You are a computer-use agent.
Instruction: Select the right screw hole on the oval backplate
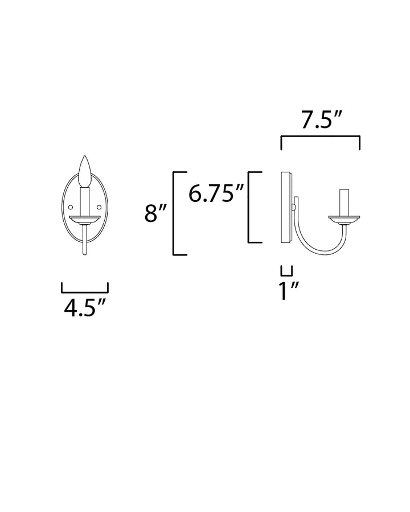[99, 206]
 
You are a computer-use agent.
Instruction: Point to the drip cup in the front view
[85, 218]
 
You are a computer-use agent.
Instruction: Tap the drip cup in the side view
[343, 218]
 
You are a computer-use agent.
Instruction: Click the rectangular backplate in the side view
[286, 208]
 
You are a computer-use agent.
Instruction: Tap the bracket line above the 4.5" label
[85, 291]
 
